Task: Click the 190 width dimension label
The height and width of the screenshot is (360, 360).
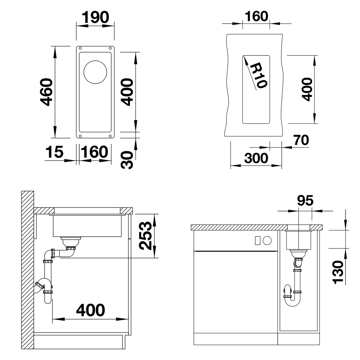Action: point(95,17)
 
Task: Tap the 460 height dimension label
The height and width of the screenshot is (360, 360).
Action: point(46,92)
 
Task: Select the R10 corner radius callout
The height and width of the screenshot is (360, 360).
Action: point(259,76)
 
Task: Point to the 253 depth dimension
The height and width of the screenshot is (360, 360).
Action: point(145,236)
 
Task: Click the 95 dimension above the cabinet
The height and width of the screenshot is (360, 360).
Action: point(305,200)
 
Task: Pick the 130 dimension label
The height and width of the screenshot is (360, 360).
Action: point(338,272)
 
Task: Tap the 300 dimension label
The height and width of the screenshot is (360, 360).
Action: point(256,158)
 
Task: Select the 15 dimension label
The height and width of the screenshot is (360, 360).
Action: point(54,152)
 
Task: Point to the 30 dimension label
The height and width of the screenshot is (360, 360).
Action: point(127,160)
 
